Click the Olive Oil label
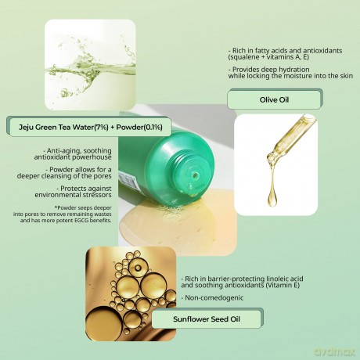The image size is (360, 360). (x=275, y=99)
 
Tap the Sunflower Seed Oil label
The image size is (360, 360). (x=207, y=319)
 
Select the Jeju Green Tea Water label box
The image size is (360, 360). (x=90, y=127)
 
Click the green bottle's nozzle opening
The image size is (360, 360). (x=195, y=175)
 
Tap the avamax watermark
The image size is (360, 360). (x=335, y=351)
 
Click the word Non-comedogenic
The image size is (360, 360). (x=214, y=297)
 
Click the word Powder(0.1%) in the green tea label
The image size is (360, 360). (x=139, y=127)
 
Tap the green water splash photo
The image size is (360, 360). (x=90, y=64)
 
